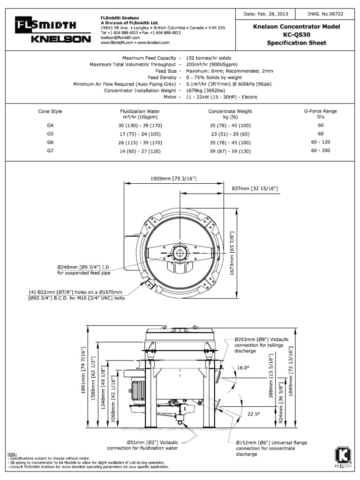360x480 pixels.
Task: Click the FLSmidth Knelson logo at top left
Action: [52, 31]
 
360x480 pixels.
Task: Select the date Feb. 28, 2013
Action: [262, 15]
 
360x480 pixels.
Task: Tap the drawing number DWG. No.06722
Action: [325, 15]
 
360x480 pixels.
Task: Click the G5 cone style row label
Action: [50, 134]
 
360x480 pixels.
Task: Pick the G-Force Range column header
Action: [321, 111]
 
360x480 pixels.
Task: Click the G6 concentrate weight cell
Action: [230, 142]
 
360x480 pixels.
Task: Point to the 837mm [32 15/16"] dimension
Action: [255, 188]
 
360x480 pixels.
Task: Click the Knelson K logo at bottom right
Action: [342, 457]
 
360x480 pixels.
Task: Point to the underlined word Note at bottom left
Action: [12, 454]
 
